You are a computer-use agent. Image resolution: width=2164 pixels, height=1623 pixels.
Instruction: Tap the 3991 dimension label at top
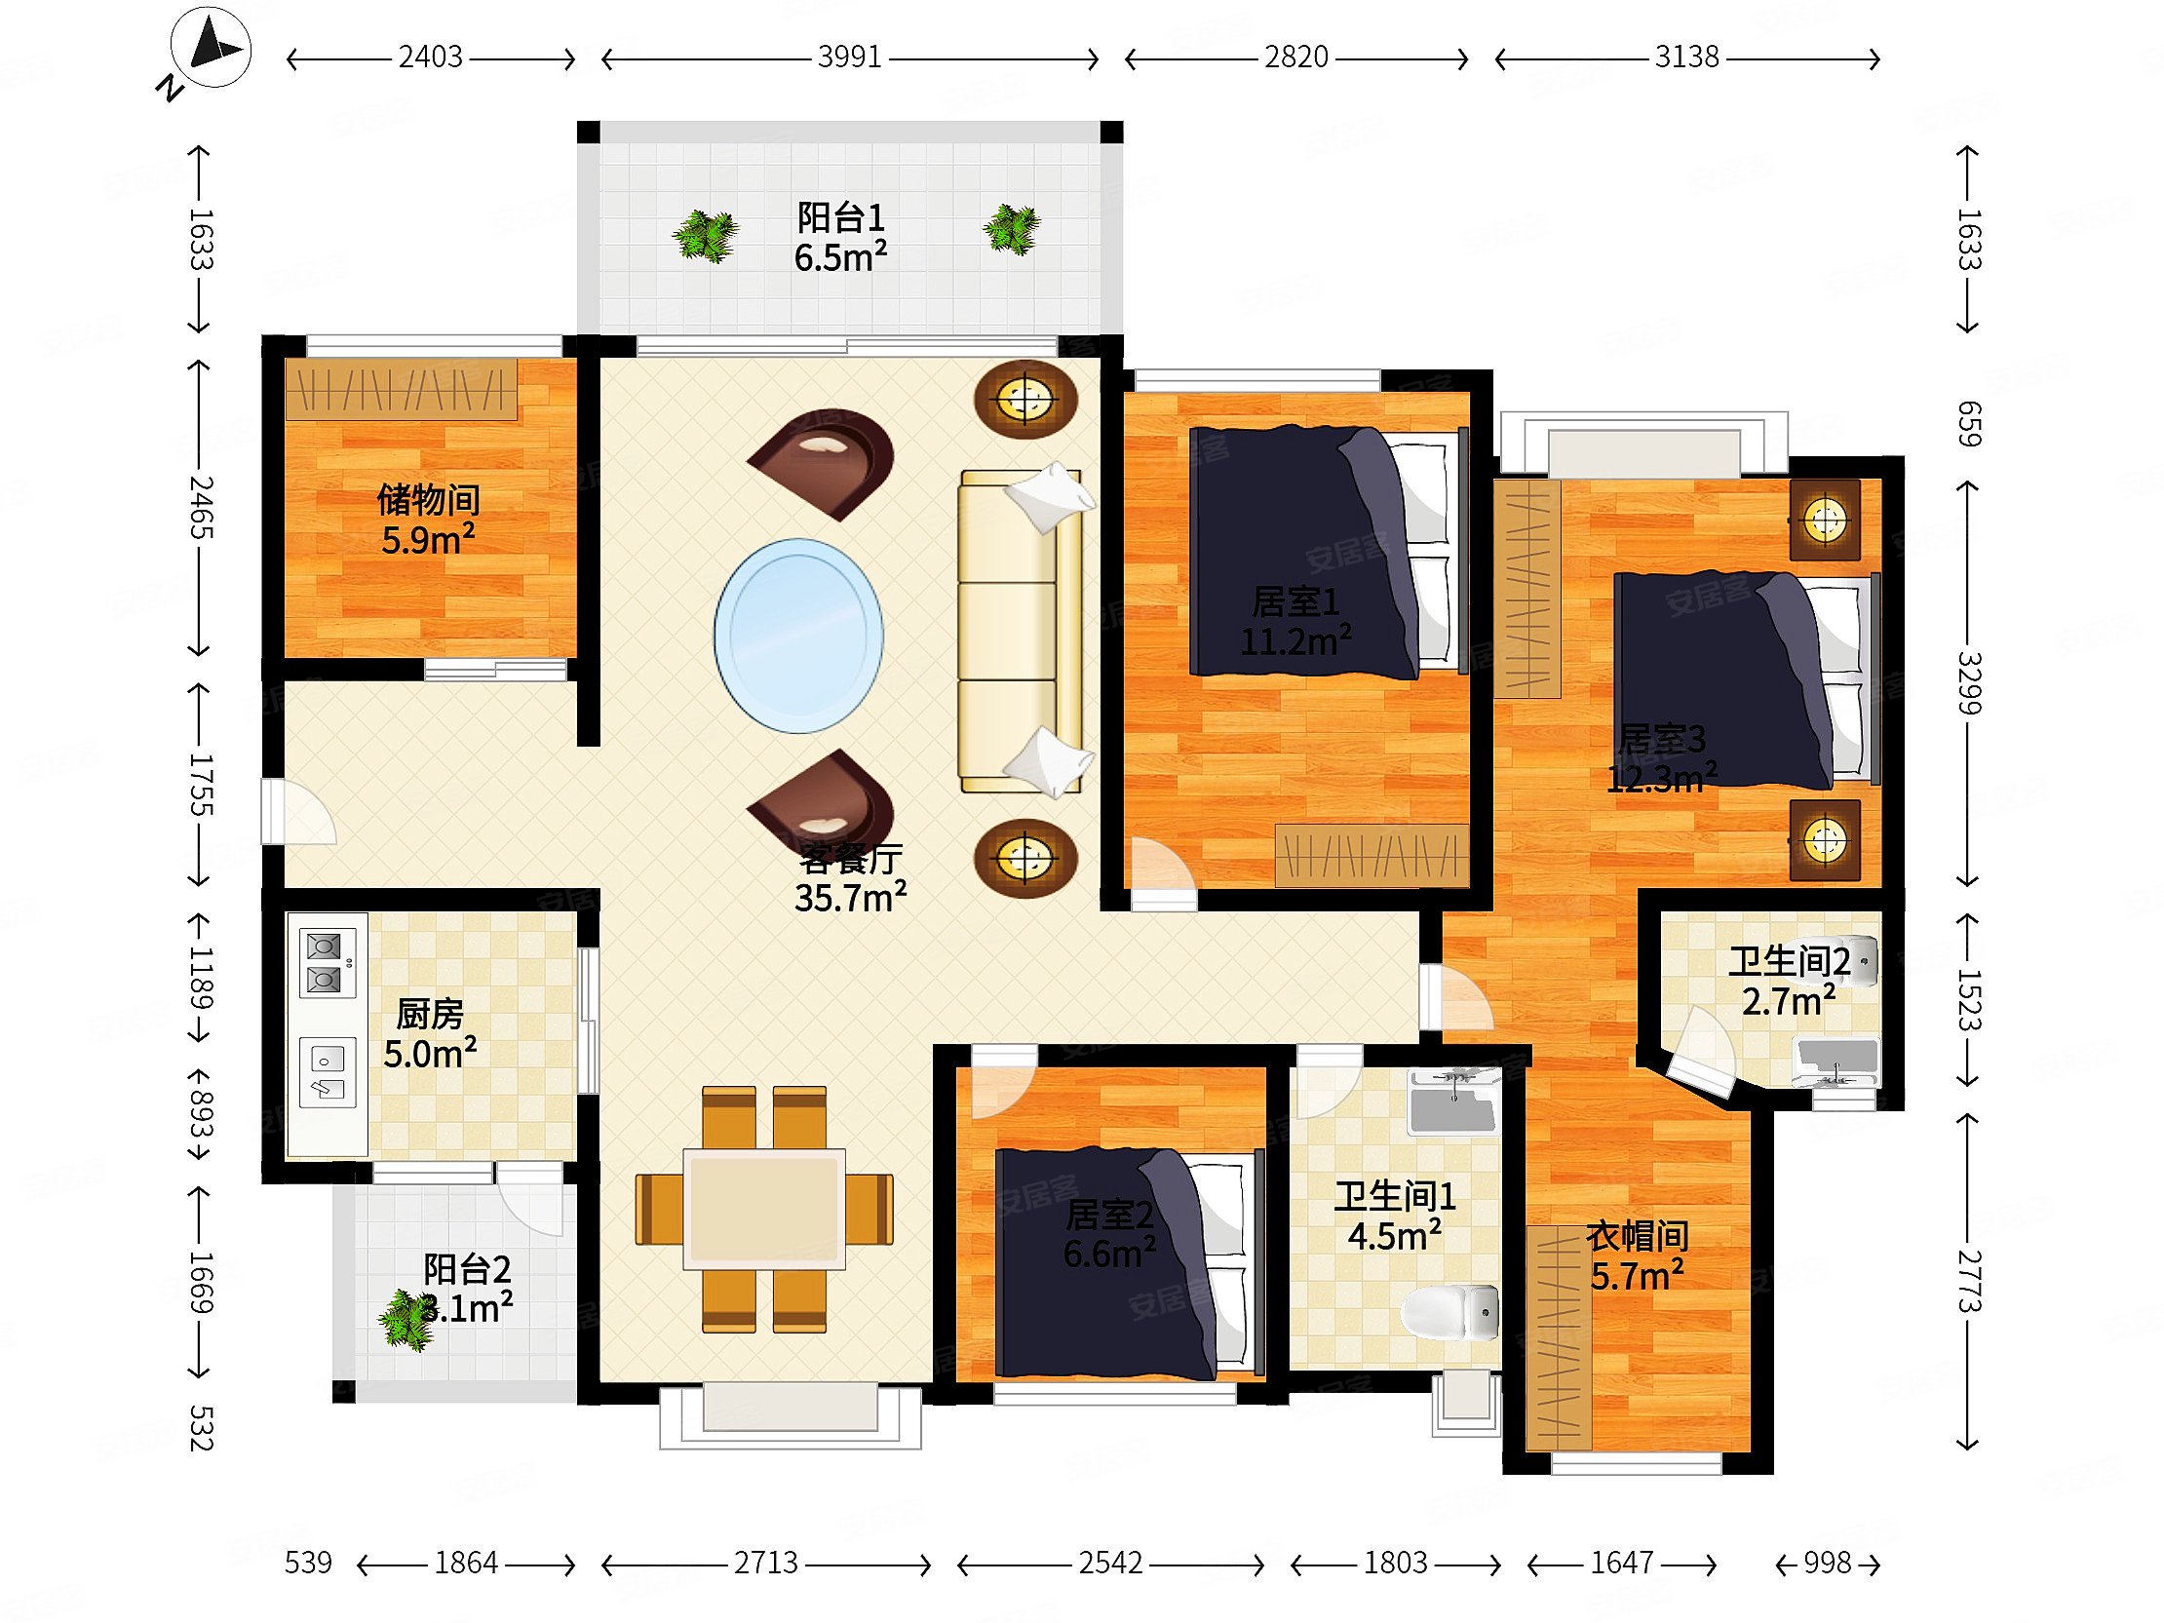[850, 58]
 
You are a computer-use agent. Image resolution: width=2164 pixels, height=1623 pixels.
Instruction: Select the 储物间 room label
[429, 500]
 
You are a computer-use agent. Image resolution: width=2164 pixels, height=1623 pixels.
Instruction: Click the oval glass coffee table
[798, 636]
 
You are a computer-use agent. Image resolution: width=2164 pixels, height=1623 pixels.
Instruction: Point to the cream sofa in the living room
[1022, 631]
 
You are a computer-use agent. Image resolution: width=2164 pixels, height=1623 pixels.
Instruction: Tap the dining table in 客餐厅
[764, 1209]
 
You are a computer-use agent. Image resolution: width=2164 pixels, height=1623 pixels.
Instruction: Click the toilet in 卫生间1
[1449, 1312]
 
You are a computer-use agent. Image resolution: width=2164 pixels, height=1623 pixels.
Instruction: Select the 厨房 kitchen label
[430, 1015]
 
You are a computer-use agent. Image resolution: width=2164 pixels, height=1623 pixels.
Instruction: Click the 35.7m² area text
[850, 897]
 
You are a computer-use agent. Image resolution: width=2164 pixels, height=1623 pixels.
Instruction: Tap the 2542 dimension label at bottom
[1110, 1563]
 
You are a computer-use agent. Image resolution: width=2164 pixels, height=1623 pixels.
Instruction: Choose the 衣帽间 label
[1637, 1237]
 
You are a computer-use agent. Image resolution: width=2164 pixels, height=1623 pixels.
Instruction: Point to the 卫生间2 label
[1790, 963]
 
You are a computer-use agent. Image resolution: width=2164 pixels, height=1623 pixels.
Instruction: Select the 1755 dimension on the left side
[199, 784]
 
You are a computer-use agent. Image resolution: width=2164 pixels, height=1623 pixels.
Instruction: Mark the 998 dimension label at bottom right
[1828, 1563]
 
